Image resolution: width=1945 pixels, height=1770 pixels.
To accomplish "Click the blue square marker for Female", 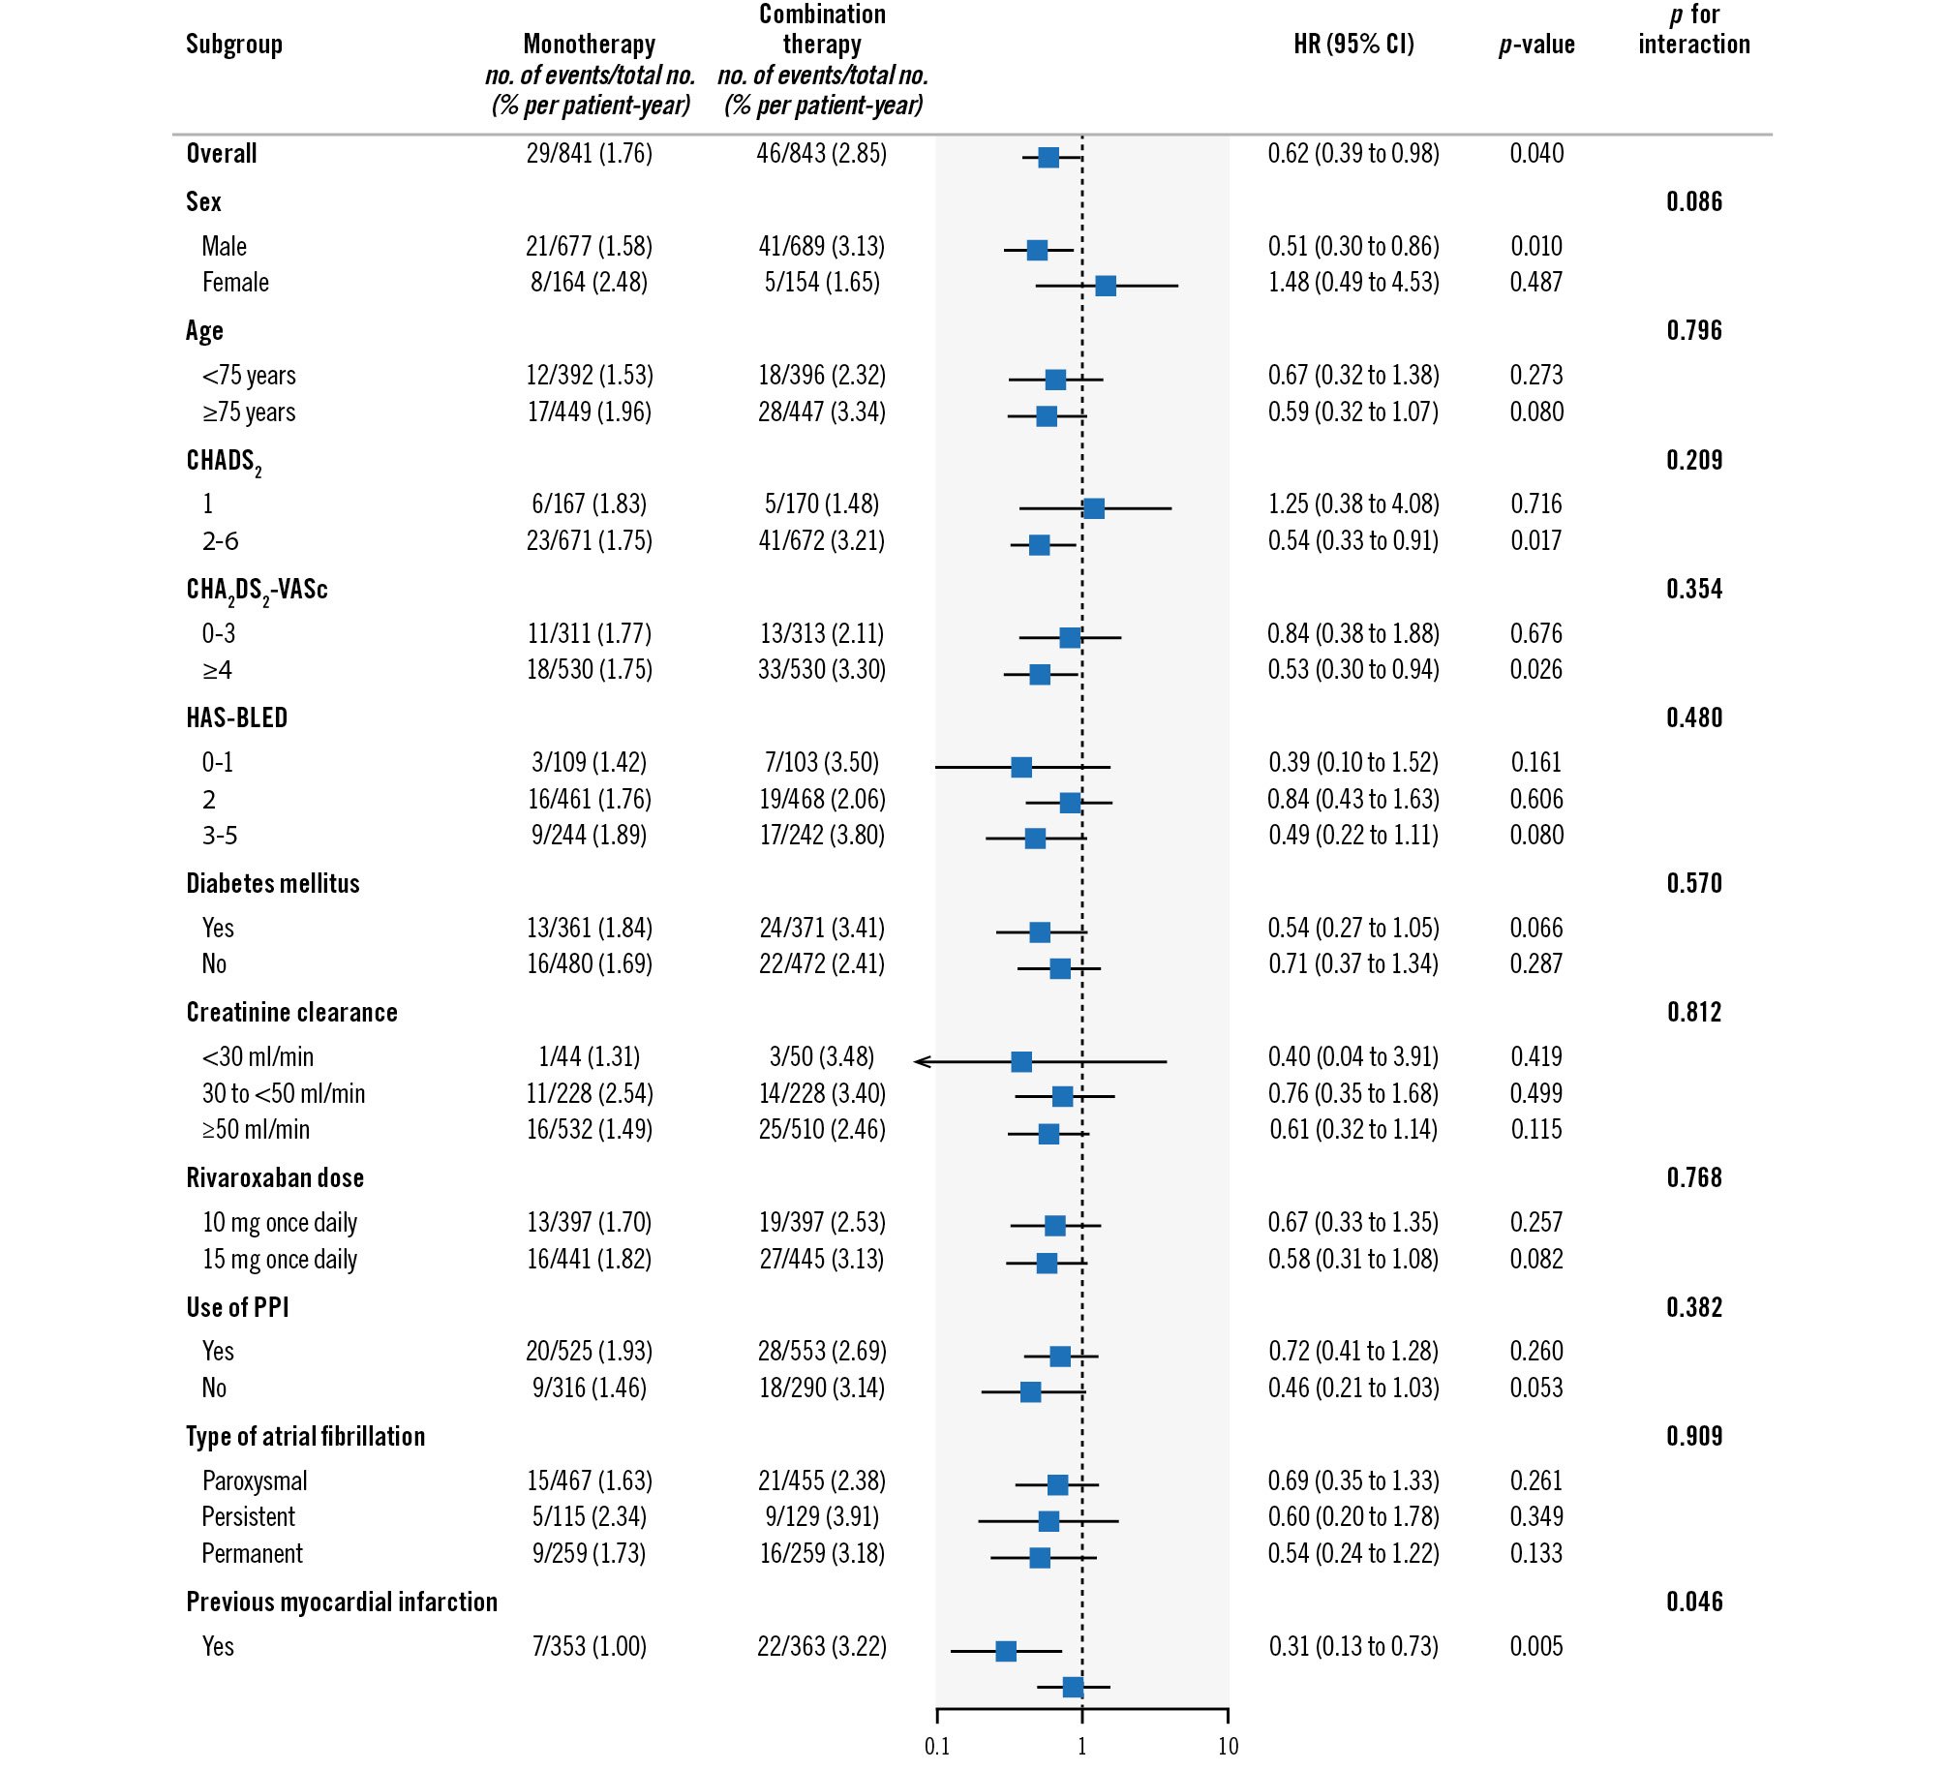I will [1105, 286].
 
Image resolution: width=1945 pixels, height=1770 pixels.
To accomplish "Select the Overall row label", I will [222, 154].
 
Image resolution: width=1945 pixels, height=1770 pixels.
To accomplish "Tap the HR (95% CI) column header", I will [1353, 45].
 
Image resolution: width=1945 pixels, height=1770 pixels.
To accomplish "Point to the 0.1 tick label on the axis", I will [937, 1747].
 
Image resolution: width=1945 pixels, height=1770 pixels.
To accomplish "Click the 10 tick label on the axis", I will [1228, 1747].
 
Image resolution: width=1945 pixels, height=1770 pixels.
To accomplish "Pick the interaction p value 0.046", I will [1694, 1602].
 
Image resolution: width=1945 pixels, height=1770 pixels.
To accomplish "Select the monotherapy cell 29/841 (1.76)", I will [589, 154].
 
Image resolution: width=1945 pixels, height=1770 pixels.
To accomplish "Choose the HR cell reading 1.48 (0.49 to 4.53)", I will [1353, 283].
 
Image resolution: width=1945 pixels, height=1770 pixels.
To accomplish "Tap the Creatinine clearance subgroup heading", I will [291, 1013].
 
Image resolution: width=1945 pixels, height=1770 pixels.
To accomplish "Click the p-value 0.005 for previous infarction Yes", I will [1536, 1646].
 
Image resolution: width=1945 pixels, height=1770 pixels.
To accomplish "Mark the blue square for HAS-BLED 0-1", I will [1021, 767].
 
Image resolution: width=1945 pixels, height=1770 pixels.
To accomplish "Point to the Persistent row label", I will [248, 1517].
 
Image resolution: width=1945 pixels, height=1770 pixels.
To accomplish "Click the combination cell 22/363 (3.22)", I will [822, 1646].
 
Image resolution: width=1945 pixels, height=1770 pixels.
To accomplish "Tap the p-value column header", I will [1536, 45].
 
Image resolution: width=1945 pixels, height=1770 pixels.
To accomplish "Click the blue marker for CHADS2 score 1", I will [1093, 508].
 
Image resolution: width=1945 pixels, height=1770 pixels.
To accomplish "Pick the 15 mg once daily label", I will [280, 1260].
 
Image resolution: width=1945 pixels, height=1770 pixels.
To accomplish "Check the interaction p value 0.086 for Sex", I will [1694, 202].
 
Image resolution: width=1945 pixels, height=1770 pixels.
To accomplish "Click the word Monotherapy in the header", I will [589, 45].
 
